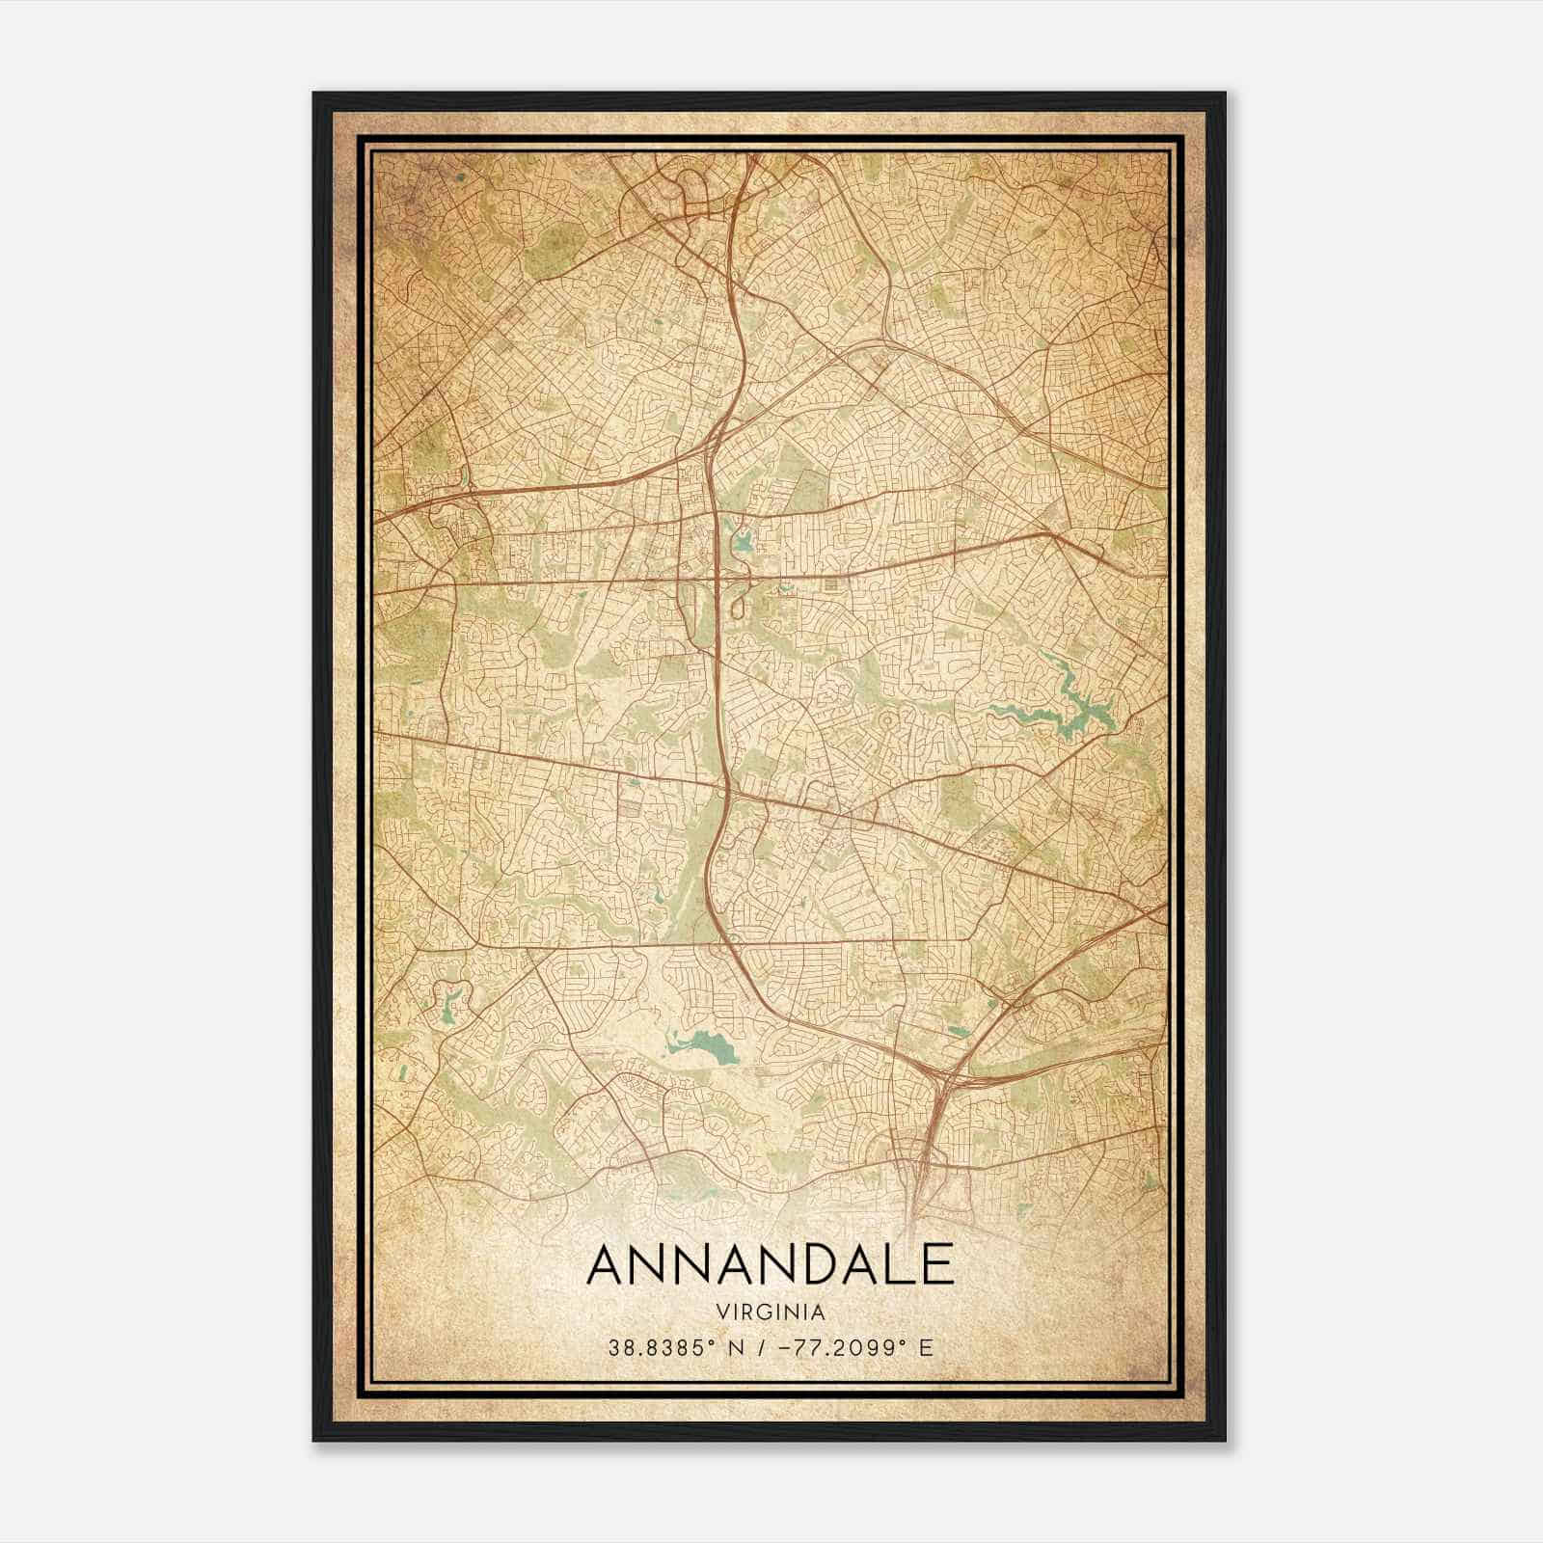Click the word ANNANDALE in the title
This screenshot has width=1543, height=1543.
[x=770, y=1265]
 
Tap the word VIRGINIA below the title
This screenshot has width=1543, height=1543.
[x=770, y=1313]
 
